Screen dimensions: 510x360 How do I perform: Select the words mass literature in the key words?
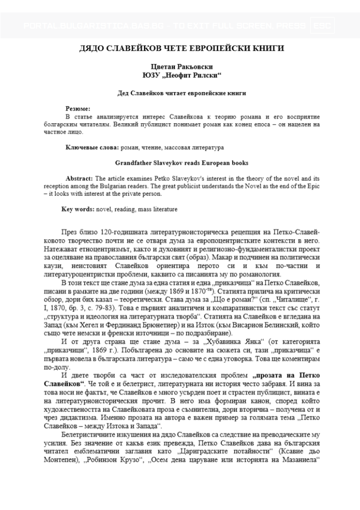point(156,210)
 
